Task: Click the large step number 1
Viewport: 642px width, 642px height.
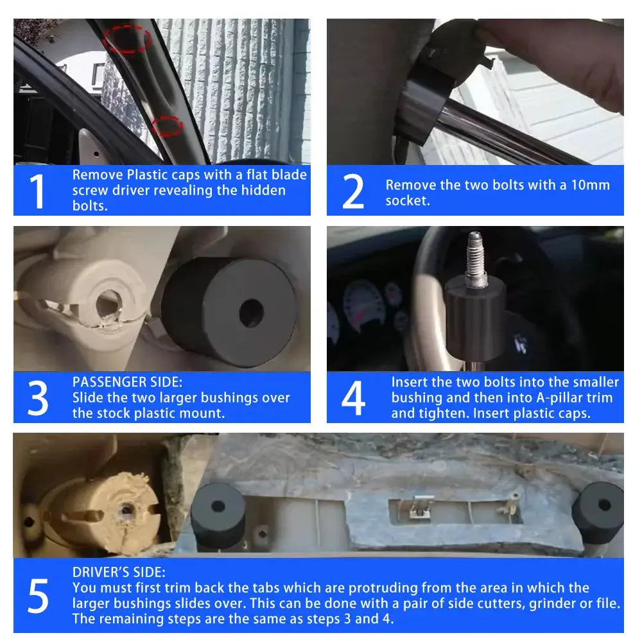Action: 37,191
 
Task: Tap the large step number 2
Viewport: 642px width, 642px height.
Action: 352,191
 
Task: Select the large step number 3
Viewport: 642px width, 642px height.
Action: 38,398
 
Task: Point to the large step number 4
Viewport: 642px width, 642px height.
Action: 353,398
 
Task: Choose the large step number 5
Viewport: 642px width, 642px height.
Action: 38,596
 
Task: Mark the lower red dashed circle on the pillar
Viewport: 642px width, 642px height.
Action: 167,125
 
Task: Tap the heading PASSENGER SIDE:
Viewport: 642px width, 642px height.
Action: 127,382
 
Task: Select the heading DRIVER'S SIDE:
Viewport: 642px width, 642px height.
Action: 119,573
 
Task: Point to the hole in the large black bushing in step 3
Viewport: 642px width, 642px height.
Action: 251,313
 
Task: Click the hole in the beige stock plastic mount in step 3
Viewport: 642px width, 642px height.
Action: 109,304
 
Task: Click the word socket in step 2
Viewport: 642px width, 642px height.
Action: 408,200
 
